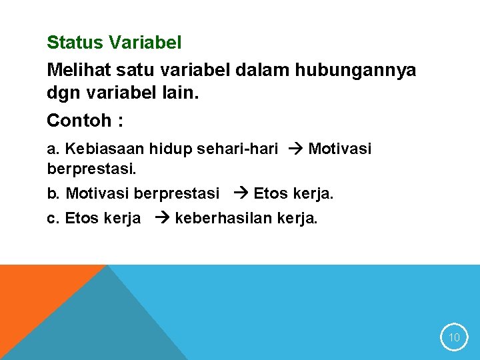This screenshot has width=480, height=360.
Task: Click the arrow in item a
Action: pyautogui.click(x=293, y=149)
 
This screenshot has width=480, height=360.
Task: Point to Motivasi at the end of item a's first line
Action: pyautogui.click(x=340, y=149)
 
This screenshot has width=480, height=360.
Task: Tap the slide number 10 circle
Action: pyautogui.click(x=454, y=337)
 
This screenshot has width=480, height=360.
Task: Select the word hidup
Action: pyautogui.click(x=173, y=149)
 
